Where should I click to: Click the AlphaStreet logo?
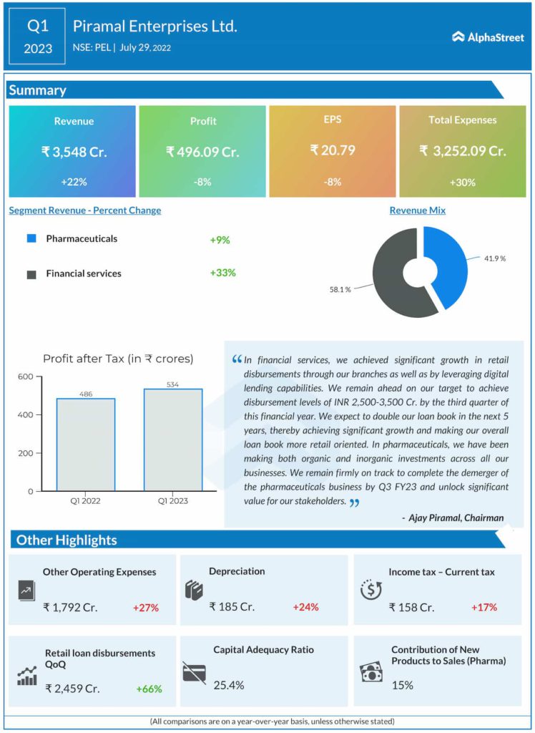[488, 37]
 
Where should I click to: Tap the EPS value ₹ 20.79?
[332, 150]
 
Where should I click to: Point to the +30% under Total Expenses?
[462, 182]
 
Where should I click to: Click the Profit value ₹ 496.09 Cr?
[202, 152]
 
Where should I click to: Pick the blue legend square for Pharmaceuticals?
[31, 238]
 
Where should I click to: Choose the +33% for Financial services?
[222, 273]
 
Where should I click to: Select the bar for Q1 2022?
[86, 444]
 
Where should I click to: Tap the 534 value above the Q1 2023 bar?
[172, 384]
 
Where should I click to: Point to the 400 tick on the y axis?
[25, 415]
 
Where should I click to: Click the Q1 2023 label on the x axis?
[172, 501]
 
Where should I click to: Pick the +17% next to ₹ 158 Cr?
[484, 607]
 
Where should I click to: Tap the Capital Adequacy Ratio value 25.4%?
[229, 685]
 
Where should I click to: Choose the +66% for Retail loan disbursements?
[149, 689]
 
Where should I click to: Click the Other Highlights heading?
[67, 540]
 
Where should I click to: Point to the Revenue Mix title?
[418, 210]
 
